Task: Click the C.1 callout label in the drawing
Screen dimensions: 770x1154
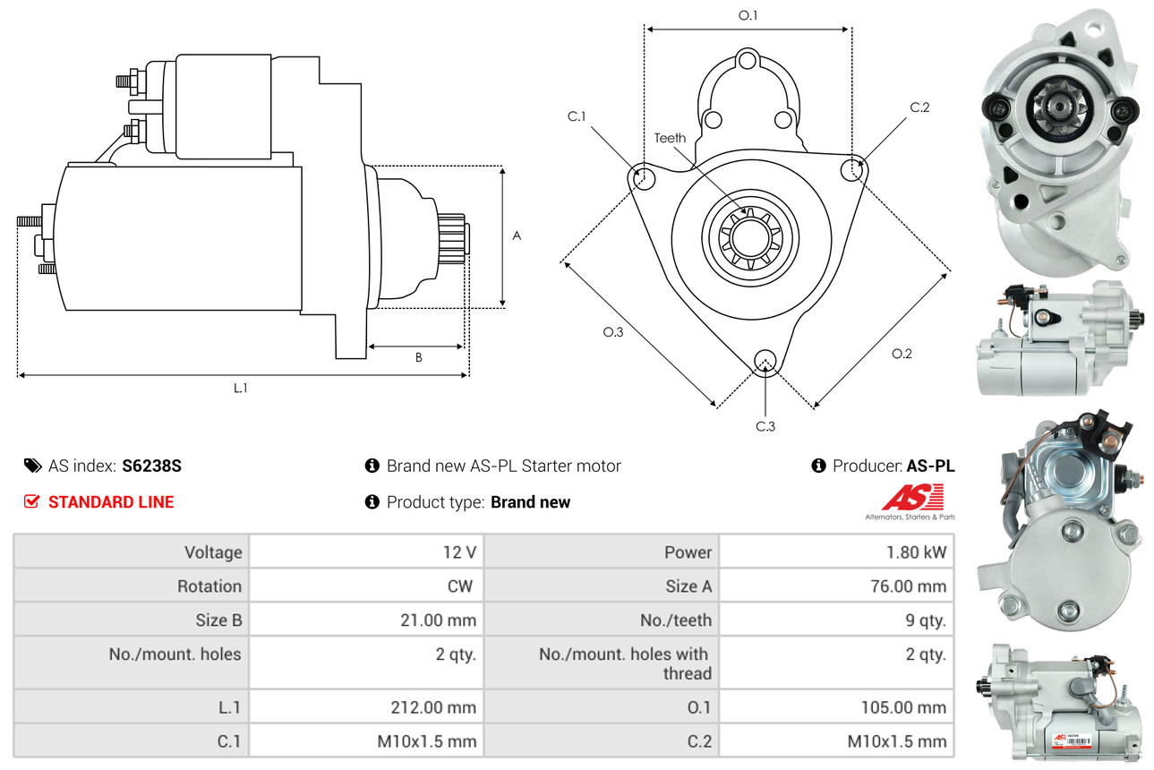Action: [576, 116]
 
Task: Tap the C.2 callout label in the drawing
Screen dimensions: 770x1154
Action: [919, 107]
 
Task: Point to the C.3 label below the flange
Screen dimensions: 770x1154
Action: [765, 426]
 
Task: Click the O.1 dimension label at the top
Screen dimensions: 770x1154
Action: [748, 15]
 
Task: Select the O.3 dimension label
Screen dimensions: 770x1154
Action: [612, 332]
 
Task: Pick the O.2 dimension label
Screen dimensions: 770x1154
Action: [902, 354]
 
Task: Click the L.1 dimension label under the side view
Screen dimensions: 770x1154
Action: [241, 388]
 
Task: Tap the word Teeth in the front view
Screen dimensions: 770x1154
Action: [670, 138]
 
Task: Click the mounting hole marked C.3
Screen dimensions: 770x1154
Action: [765, 360]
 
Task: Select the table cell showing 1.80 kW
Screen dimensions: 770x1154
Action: [916, 552]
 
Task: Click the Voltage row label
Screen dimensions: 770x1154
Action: [213, 552]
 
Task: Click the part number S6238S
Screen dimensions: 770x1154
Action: [152, 466]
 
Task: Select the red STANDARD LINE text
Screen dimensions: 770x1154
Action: [111, 502]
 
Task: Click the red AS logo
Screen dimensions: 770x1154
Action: [912, 497]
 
